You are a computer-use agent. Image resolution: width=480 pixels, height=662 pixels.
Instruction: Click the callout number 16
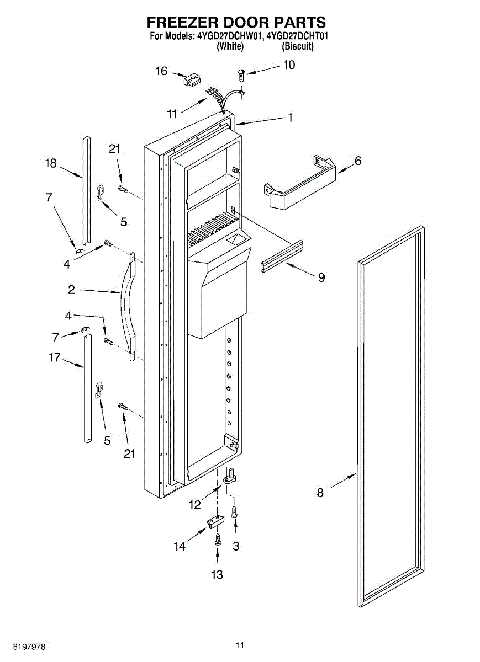point(161,71)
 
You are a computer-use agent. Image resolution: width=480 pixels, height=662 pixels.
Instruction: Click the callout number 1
point(289,118)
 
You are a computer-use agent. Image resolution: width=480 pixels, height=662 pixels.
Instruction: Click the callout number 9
point(321,277)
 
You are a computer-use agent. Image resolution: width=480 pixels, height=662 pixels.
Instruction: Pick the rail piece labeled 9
point(283,255)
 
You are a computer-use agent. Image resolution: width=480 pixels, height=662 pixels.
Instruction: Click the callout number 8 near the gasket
point(320,493)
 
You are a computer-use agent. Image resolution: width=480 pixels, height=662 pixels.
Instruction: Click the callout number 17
point(54,357)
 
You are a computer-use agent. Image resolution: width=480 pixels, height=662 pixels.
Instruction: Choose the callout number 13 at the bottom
point(217,574)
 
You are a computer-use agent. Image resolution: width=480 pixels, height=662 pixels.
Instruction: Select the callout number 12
point(194,503)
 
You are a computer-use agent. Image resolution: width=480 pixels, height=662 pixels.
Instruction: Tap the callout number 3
point(236,546)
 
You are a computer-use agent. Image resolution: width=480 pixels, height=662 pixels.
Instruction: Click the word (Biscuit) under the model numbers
point(298,47)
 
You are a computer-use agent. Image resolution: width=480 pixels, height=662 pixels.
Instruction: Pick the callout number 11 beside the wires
point(172,114)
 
